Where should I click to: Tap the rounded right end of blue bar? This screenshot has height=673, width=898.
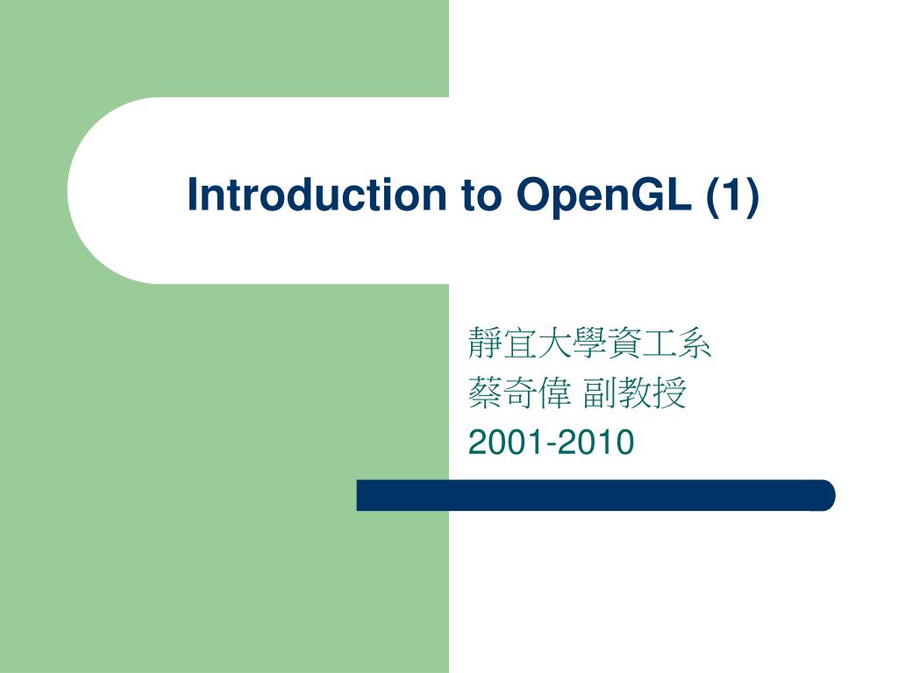coord(824,495)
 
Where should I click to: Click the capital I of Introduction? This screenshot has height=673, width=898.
coord(193,195)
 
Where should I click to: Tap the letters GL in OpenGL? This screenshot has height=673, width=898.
coord(671,195)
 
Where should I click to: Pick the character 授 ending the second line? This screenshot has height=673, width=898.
coord(670,395)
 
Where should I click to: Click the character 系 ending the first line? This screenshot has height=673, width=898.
coord(695,345)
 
